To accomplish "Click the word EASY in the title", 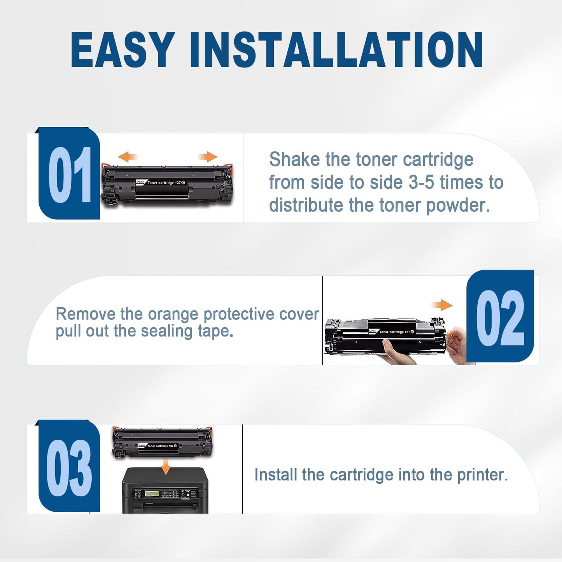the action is [x=123, y=49].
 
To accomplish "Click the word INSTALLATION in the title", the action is [x=336, y=49].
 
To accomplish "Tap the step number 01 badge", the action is [x=69, y=173].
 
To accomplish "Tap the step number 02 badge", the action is [x=500, y=316].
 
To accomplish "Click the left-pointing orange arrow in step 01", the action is [x=128, y=157].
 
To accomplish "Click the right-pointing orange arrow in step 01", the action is [x=208, y=157].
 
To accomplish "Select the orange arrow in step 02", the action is [x=442, y=305].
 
